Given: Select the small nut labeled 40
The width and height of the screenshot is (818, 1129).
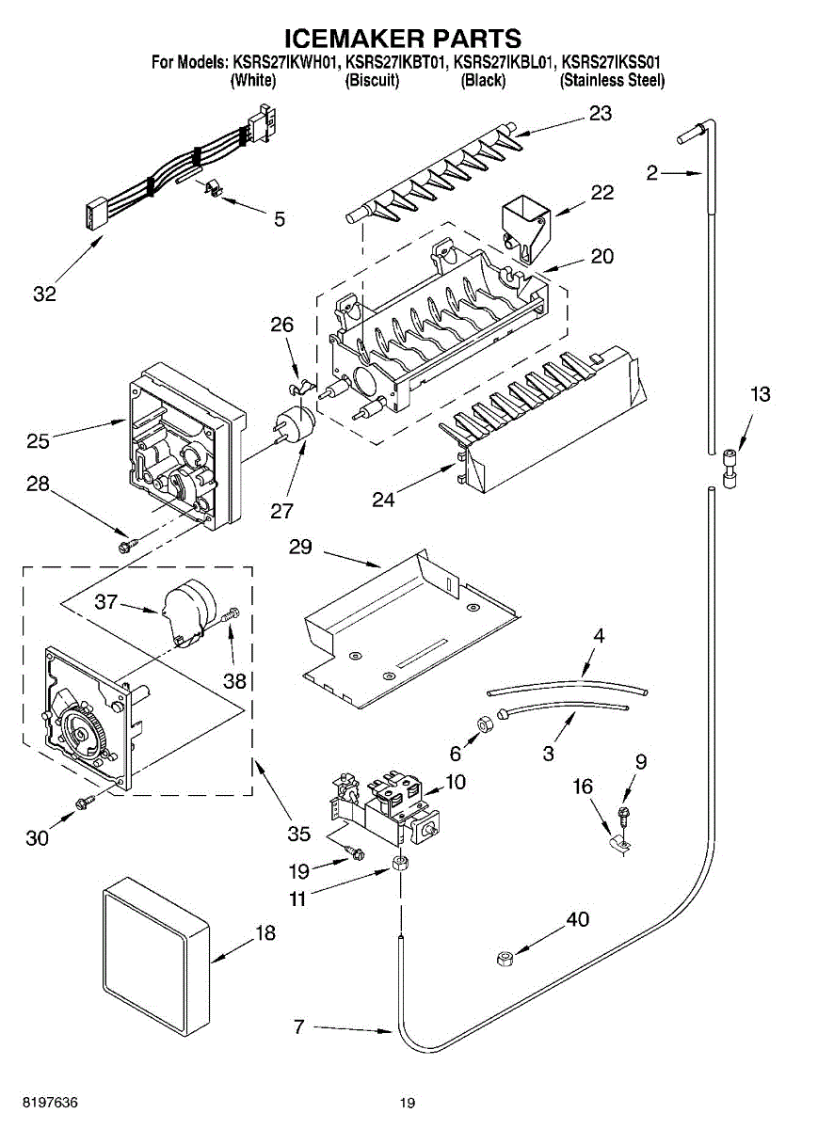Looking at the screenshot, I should coord(503,958).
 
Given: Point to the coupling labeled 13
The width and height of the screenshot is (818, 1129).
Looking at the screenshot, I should coord(729,469).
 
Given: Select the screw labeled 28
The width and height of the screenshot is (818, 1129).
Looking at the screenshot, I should coord(125,544).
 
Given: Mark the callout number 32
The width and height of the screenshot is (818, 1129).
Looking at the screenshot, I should coord(44,294).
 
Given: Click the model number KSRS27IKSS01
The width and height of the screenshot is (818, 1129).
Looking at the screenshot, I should coord(610,63).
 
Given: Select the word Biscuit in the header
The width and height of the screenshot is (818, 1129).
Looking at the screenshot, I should coord(373,81).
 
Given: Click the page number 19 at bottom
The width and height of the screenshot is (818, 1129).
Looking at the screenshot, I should coord(406,1104).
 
